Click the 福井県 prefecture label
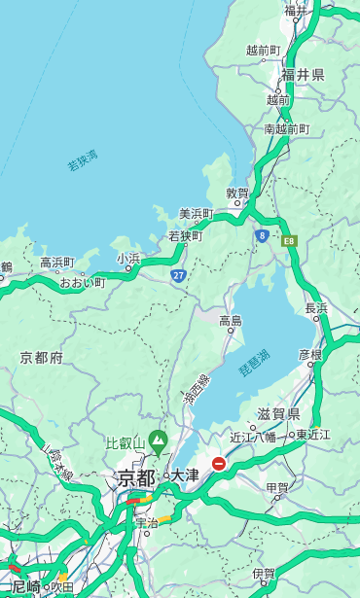coord(304,75)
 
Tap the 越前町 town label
coord(263,50)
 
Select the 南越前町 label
coord(286,129)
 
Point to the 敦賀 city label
coord(237,193)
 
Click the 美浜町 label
coord(196,214)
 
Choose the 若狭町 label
coord(185,236)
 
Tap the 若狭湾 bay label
coord(83,161)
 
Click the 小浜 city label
coord(128,259)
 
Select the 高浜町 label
coord(57,263)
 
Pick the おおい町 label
coord(82,283)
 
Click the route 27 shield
coord(178,276)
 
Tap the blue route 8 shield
coord(262,235)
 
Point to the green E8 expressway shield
coord(289,239)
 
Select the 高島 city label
coord(231,321)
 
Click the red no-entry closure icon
coord(219,465)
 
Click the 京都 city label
coord(135,477)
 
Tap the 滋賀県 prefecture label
coord(278,414)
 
